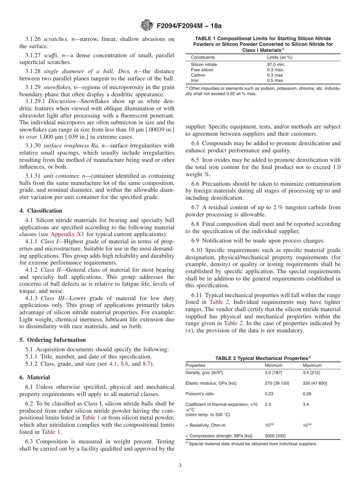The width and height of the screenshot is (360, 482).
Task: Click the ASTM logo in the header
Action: [146, 25]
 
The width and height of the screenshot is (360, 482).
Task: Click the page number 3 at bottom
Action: [180, 465]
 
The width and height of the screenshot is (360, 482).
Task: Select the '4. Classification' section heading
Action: [41, 211]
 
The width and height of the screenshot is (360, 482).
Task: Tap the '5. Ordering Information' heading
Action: [53, 340]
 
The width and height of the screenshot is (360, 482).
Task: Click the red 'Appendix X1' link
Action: [67, 234]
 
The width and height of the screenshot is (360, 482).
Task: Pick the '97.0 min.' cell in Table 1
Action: [276, 64]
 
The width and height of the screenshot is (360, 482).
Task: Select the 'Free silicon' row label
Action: [202, 70]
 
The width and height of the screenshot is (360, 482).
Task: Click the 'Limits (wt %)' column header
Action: [280, 57]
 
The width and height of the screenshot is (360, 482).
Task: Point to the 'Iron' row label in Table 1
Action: [194, 80]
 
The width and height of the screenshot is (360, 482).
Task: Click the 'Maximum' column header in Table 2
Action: [312, 365]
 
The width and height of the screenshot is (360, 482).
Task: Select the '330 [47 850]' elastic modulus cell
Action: [315, 383]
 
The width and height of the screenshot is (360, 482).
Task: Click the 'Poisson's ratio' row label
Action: [200, 394]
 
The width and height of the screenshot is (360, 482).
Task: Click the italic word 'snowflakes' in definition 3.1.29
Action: [58, 87]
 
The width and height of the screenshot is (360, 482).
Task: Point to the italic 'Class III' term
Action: [52, 298]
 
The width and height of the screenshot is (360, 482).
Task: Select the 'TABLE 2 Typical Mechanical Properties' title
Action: [263, 358]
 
